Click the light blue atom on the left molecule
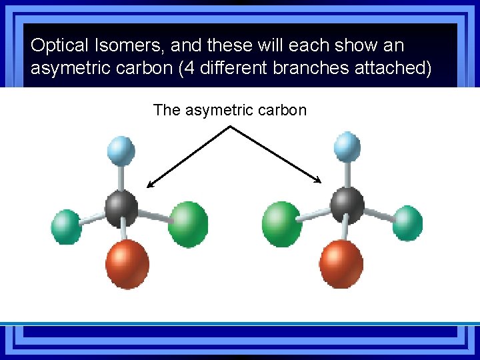click(x=121, y=151)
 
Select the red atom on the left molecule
click(x=127, y=263)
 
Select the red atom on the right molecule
click(x=342, y=262)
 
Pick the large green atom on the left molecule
click(x=188, y=223)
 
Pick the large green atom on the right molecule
click(x=283, y=224)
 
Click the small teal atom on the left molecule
click(x=66, y=227)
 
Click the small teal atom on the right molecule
click(x=407, y=223)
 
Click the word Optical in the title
click(x=59, y=46)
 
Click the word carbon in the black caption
click(x=279, y=110)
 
